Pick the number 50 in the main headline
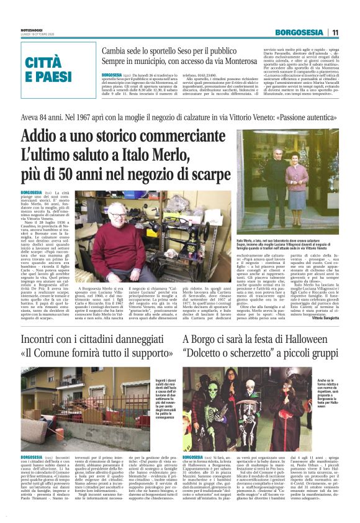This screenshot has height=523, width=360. click(x=74, y=173)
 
